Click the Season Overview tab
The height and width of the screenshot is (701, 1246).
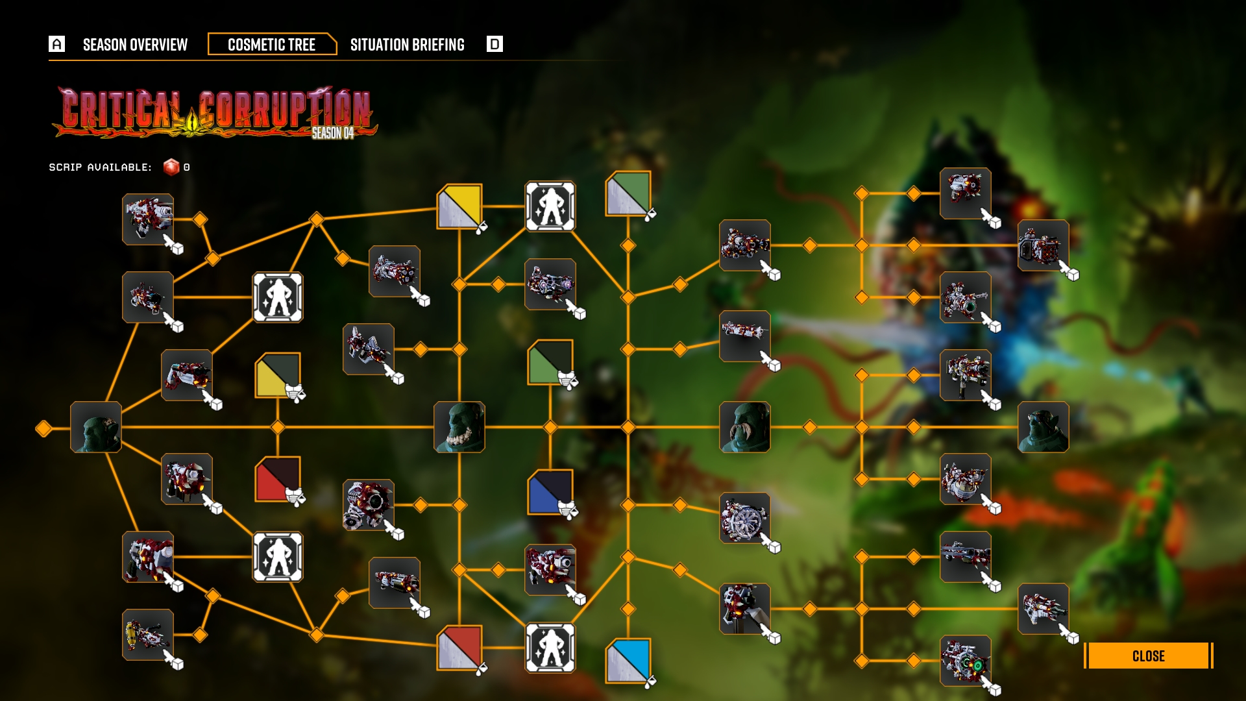click(135, 45)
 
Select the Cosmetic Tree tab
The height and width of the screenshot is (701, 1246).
click(271, 45)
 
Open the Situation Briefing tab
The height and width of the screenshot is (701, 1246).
click(407, 45)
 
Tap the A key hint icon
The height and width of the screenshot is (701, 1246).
click(57, 44)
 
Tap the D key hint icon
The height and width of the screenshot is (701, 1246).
click(495, 44)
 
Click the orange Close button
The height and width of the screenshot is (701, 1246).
click(1148, 656)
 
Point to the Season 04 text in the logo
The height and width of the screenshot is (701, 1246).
click(332, 133)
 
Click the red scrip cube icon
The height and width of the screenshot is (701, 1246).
click(171, 167)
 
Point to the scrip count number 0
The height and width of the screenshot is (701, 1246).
click(187, 167)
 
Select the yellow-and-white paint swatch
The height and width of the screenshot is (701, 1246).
click(459, 206)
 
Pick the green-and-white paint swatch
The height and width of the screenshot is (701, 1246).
click(628, 193)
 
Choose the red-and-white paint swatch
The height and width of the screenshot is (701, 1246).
click(459, 647)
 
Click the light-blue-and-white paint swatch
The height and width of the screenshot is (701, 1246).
click(628, 660)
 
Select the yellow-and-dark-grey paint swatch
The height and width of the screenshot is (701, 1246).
click(278, 375)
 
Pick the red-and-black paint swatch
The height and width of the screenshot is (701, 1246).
click(278, 479)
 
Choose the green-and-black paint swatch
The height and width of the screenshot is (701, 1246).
click(550, 362)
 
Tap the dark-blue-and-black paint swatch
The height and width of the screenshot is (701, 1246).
click(550, 492)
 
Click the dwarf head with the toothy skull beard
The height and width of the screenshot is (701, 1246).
click(459, 427)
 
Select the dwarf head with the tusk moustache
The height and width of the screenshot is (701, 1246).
click(745, 427)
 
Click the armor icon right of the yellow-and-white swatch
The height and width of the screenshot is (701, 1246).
click(550, 206)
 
